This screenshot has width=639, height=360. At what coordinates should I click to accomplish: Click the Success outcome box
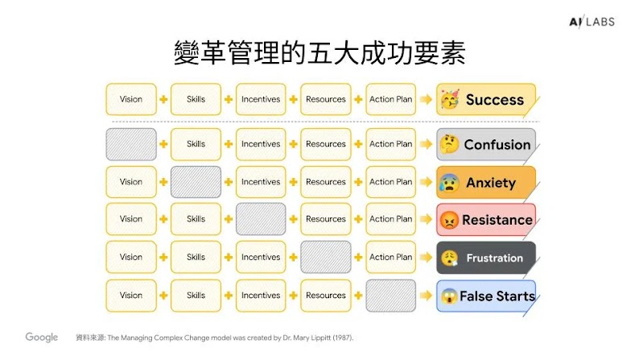[x=485, y=100]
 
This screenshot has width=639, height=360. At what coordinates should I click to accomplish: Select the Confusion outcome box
[x=485, y=145]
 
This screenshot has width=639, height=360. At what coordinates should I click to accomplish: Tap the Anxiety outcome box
[x=485, y=182]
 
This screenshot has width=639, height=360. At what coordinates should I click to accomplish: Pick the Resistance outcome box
[x=485, y=219]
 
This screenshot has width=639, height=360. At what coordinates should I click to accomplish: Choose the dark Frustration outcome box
[x=485, y=258]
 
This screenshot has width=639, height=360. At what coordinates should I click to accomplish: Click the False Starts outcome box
[x=485, y=296]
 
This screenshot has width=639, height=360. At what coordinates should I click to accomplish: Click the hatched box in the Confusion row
[x=130, y=144]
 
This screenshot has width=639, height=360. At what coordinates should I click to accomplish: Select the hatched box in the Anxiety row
[x=196, y=182]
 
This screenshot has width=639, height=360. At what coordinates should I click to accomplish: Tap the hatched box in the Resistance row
[x=261, y=219]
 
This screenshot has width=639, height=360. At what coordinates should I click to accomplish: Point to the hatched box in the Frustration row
[x=326, y=258]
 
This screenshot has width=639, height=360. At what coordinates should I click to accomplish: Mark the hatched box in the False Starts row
[x=390, y=296]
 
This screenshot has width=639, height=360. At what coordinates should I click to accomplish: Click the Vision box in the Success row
[x=130, y=100]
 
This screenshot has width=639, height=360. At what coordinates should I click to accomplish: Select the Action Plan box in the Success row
[x=390, y=100]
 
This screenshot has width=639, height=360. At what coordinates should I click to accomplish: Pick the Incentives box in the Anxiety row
[x=261, y=182]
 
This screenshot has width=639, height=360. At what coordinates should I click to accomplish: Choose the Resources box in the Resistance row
[x=326, y=219]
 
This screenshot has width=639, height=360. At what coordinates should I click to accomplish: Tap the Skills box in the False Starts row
[x=196, y=296]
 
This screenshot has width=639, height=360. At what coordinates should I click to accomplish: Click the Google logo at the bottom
[x=41, y=337]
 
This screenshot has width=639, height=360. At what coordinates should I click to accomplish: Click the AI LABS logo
[x=590, y=22]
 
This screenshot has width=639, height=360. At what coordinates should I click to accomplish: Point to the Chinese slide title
[x=319, y=53]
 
